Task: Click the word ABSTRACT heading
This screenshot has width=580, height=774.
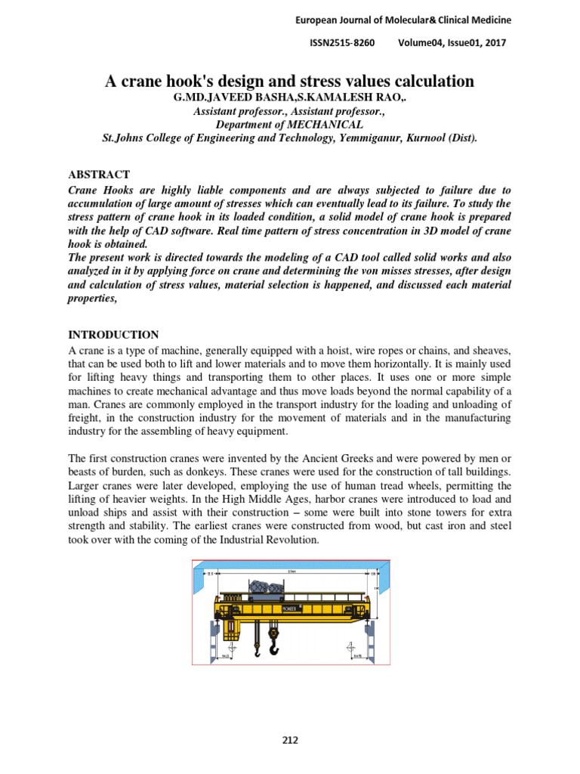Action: click(99, 175)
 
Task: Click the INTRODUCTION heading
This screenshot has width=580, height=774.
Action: click(113, 335)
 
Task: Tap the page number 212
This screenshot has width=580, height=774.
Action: click(289, 740)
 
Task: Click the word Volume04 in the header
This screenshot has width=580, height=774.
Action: click(421, 43)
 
